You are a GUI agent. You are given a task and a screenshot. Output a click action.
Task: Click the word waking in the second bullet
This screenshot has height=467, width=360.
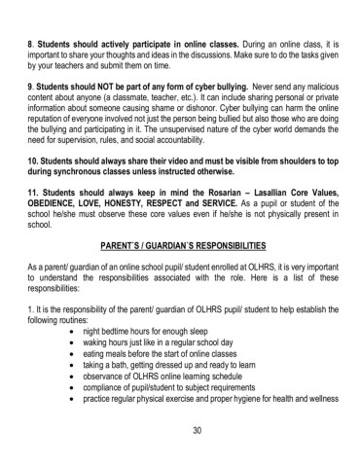pos(101,342)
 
